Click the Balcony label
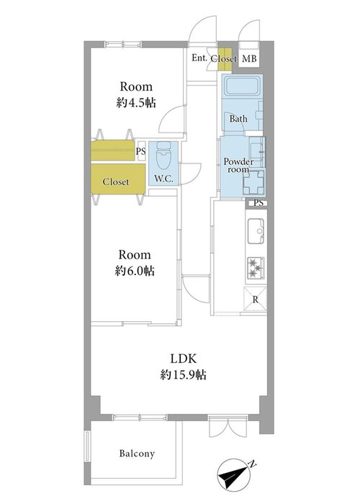tap(137, 454)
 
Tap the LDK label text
tap(183, 359)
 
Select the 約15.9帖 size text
tap(183, 375)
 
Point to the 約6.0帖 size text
tap(135, 271)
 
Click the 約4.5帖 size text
tap(136, 103)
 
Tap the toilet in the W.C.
tap(164, 156)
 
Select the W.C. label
tap(163, 179)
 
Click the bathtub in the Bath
tap(243, 86)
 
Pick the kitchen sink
tap(256, 231)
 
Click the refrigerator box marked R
tap(256, 300)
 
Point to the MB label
tap(249, 59)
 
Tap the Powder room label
tap(238, 165)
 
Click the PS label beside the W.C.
tap(141, 151)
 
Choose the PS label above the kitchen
tap(258, 203)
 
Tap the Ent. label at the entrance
tap(199, 58)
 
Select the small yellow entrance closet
tap(225, 60)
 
